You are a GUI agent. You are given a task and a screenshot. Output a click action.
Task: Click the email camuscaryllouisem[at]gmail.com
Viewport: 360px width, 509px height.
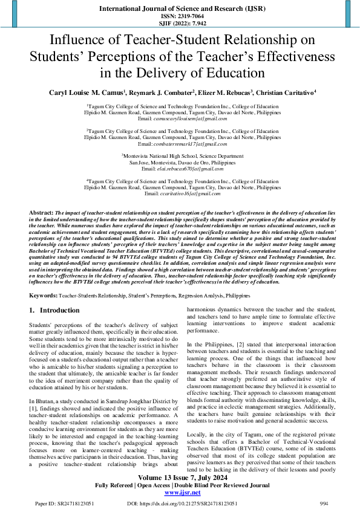[191, 119]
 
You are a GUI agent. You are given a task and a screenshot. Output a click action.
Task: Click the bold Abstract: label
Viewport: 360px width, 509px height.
[42, 214]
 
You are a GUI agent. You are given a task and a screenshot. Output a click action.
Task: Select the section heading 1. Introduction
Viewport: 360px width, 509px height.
[55, 310]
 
